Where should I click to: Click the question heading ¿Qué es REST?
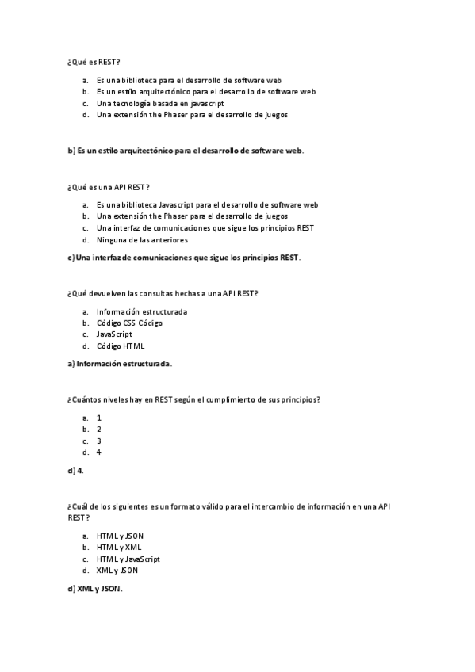coord(94,61)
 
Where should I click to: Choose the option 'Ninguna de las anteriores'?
coord(142,239)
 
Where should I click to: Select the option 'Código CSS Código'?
coord(128,323)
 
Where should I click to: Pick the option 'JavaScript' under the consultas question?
coord(114,334)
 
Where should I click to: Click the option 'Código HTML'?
coord(121,346)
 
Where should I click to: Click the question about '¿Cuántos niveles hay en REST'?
coord(194,399)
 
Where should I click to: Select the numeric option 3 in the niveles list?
coord(99,441)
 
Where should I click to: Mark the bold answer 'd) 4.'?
coord(76,471)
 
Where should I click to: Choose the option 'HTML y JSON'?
coord(120,536)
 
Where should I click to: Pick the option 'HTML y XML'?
coord(119,547)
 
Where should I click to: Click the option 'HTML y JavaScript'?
coord(128,559)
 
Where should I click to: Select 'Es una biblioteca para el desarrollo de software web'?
coord(189,80)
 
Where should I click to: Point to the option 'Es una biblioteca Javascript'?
coord(207,204)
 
